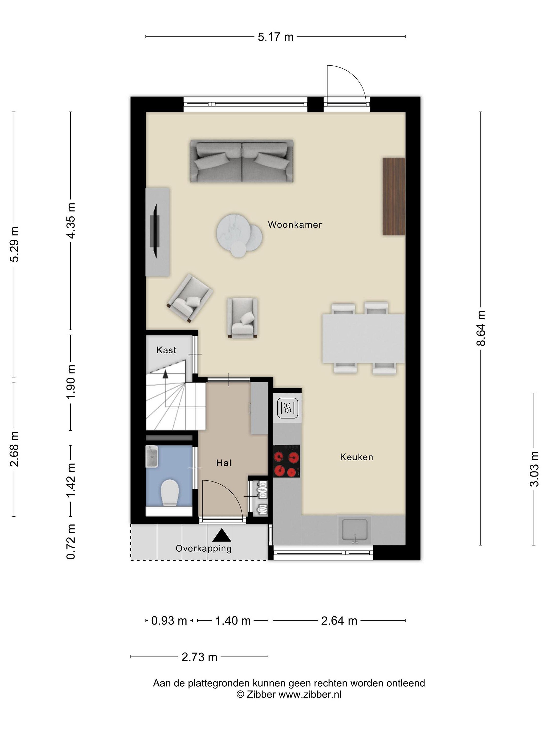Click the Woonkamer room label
(295, 225)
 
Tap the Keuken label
(356, 457)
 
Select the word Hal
(224, 463)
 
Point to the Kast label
(166, 350)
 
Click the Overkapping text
(203, 549)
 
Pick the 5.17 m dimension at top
(276, 37)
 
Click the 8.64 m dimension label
(481, 328)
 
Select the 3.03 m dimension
(534, 469)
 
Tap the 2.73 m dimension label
(199, 657)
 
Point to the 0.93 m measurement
(169, 621)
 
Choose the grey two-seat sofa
(242, 161)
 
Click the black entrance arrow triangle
(222, 535)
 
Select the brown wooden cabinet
(394, 197)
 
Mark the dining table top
(364, 339)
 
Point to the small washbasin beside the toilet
(152, 457)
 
